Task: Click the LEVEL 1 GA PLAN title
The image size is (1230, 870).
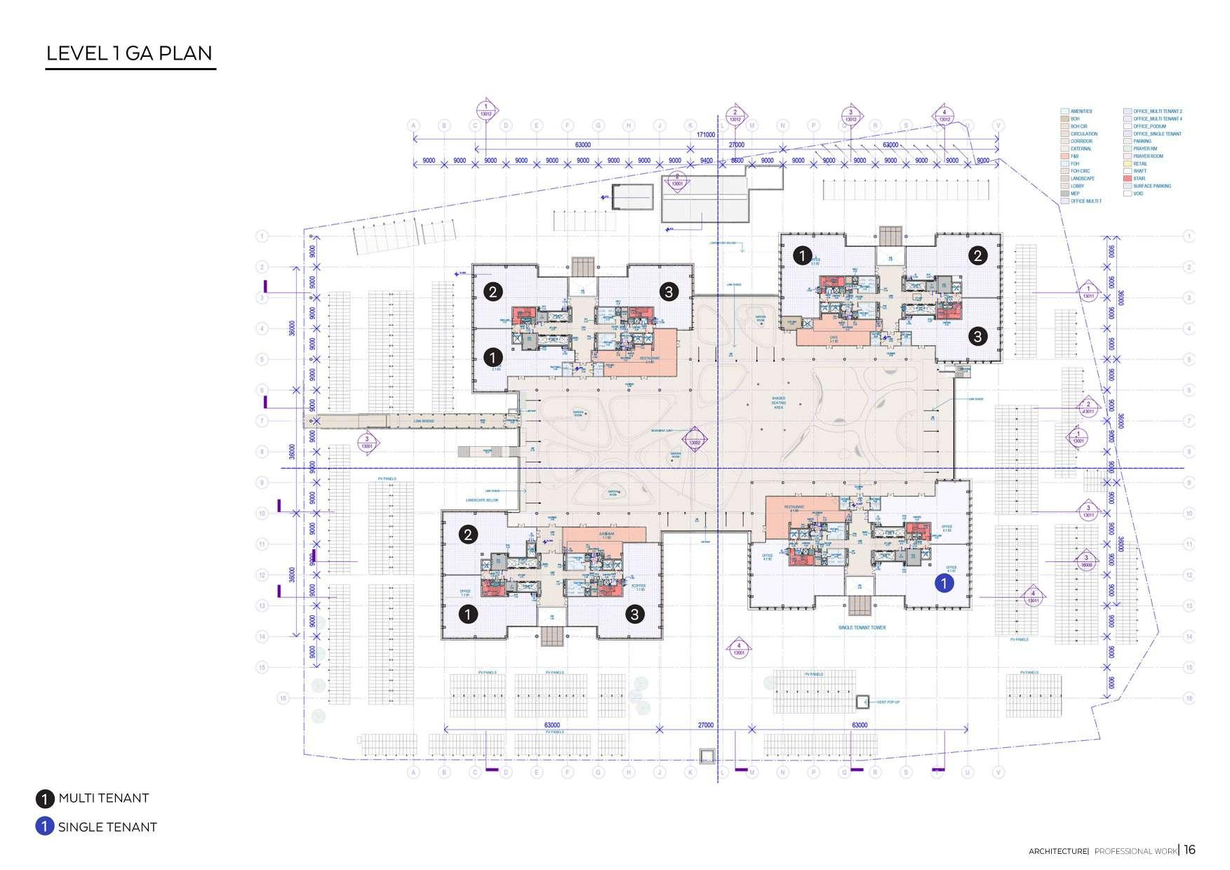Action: coord(129,53)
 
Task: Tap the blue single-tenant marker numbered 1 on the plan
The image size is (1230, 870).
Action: coord(944,583)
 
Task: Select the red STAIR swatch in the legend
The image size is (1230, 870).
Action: coord(1128,179)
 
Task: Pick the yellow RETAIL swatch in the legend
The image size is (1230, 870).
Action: coord(1128,163)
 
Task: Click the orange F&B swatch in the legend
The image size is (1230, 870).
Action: coord(1065,156)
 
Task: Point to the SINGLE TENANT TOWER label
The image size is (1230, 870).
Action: coord(862,627)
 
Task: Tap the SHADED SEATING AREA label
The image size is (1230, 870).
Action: coord(778,403)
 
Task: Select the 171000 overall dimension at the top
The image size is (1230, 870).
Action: coord(705,135)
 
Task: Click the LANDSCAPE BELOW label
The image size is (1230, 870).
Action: coord(481,500)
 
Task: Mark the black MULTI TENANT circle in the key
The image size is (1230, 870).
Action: coord(44,798)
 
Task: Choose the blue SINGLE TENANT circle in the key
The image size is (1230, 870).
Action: coord(44,826)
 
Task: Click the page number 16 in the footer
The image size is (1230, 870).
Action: coord(1190,850)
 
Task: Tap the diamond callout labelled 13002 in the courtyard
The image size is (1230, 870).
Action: coord(695,443)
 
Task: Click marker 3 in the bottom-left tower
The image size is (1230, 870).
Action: coord(634,614)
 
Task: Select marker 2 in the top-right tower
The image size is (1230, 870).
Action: coord(977,256)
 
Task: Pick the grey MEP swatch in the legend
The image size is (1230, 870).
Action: coord(1065,194)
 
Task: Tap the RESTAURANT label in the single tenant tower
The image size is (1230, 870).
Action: coord(794,507)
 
